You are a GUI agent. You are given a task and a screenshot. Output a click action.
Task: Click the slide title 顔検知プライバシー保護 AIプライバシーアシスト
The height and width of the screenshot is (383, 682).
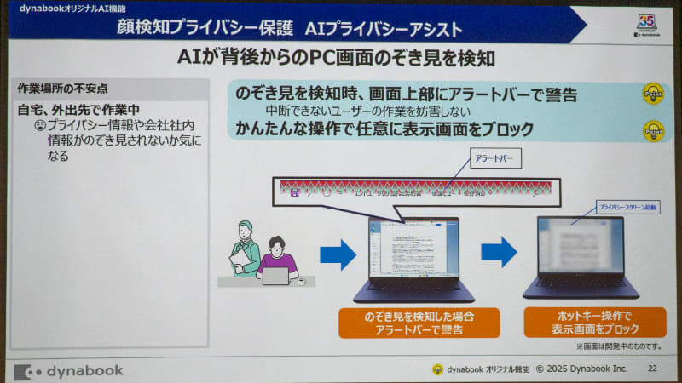(x=291, y=29)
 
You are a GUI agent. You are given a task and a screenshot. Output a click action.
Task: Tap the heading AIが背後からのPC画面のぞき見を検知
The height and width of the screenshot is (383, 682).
(x=340, y=58)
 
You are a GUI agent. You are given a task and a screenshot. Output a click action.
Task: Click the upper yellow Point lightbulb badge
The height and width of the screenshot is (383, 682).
(x=653, y=94)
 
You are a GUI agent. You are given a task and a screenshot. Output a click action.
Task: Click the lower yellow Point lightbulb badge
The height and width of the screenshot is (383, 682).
(x=653, y=131)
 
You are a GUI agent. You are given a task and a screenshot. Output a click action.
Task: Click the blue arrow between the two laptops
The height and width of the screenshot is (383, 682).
(x=499, y=252)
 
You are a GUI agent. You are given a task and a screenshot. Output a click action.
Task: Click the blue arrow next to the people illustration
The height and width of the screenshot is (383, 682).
(x=338, y=253)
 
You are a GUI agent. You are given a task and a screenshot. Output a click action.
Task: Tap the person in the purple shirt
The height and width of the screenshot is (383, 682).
(x=278, y=259)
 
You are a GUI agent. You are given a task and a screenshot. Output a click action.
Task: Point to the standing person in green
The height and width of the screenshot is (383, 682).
(x=246, y=248)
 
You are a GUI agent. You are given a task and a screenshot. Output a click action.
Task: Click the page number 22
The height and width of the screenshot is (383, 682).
(x=652, y=369)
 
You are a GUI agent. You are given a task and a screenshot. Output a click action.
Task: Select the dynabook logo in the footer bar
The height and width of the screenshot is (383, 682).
(x=70, y=371)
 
